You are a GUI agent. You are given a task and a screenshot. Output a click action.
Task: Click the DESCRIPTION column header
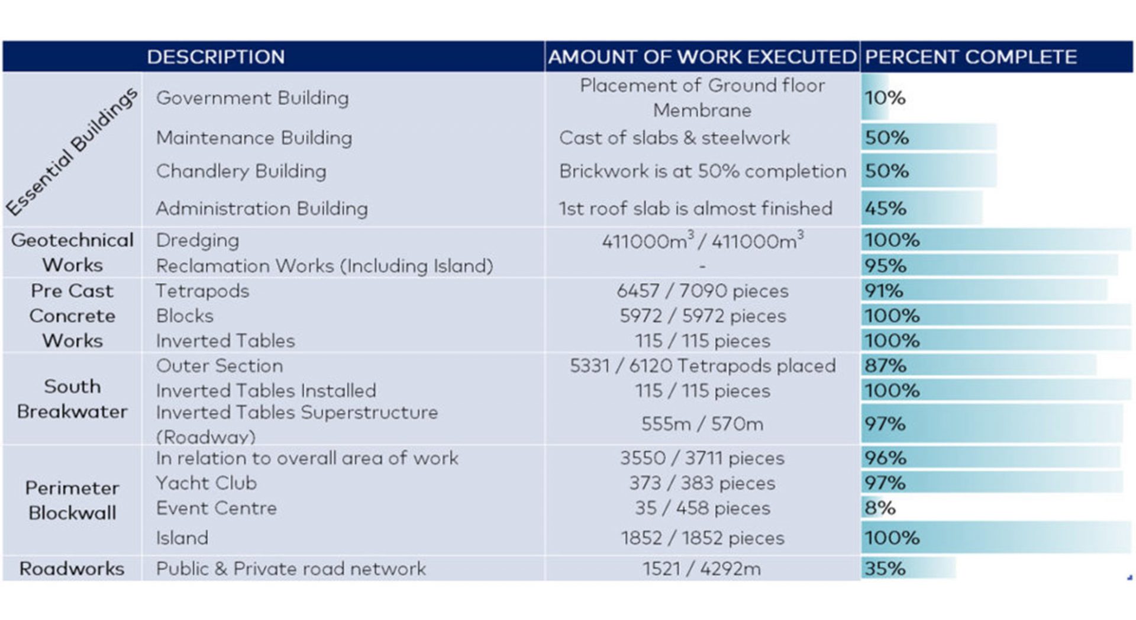[x=215, y=57]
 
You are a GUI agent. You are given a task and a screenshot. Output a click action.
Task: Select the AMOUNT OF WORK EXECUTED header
[x=702, y=57]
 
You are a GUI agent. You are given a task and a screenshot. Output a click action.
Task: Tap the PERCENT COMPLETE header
[x=970, y=57]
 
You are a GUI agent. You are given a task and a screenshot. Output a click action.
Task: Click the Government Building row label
[x=252, y=98]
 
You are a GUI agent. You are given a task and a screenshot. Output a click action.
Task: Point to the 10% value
[x=885, y=98]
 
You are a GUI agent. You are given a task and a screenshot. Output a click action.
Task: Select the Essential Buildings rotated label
[x=72, y=151]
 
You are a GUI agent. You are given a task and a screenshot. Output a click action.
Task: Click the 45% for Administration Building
[x=885, y=208]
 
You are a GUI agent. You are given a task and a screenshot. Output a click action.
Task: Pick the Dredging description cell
[x=198, y=240]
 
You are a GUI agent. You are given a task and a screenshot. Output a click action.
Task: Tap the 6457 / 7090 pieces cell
[x=702, y=291]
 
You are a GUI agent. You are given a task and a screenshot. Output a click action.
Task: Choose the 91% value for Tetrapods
[x=883, y=291]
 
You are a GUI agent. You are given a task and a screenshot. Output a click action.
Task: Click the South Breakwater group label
[x=72, y=399]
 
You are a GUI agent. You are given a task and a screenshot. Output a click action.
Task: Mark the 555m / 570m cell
[x=702, y=424]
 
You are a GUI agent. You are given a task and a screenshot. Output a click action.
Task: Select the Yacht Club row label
[x=206, y=483]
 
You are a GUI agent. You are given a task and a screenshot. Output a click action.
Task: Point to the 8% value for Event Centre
[x=880, y=508]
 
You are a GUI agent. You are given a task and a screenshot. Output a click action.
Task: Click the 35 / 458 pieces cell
[x=702, y=508]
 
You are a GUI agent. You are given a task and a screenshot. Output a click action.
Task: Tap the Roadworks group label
[x=72, y=568]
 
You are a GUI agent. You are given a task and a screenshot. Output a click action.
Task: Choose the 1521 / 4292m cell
[x=702, y=568]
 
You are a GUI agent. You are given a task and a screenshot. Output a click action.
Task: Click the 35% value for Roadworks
[x=885, y=568]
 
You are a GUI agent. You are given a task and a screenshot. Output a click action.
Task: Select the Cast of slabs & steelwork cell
[x=674, y=138]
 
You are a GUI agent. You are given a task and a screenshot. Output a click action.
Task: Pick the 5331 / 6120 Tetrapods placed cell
[x=702, y=366]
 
